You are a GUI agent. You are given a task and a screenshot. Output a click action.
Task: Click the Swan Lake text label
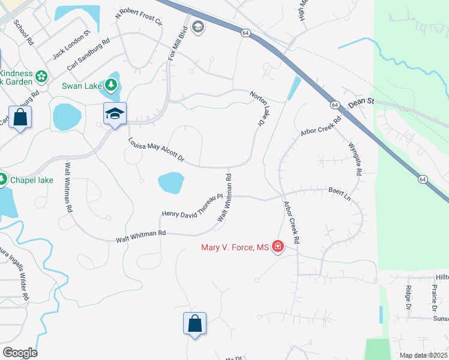tap(82, 86)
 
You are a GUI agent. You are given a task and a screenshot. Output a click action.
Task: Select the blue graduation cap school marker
tap(115, 113)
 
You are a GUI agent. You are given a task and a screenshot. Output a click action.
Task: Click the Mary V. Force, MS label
tap(237, 247)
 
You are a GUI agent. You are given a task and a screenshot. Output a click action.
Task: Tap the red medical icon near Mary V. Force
tap(277, 246)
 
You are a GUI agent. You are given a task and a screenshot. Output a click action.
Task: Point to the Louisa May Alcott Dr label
tap(155, 151)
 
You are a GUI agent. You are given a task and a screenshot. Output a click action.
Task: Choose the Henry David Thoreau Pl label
tap(192, 206)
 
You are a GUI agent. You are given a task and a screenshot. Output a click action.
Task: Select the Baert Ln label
tap(339, 193)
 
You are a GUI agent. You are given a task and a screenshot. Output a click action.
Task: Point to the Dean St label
tap(361, 103)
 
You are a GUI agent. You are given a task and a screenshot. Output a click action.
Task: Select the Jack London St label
tap(71, 45)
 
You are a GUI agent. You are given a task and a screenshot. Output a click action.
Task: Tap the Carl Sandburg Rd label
tap(89, 55)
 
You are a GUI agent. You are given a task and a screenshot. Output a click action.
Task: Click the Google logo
tap(20, 353)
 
